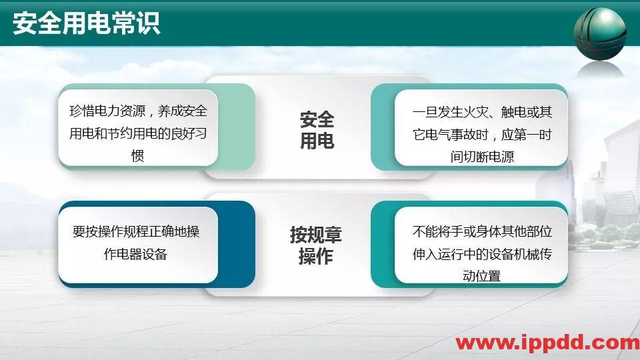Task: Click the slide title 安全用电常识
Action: pos(86,25)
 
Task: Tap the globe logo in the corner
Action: pos(599,33)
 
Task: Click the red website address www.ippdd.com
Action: pos(547,343)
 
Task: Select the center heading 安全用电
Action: pos(317,131)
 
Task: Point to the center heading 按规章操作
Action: pos(316,245)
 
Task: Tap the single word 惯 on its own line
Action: pos(138,156)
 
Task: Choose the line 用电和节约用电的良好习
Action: pos(138,133)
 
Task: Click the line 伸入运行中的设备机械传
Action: pos(482,255)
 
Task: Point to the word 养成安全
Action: pos(183,111)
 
